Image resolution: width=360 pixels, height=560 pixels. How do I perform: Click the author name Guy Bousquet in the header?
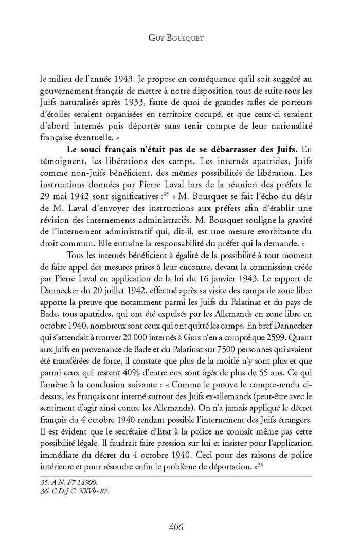(180, 39)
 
